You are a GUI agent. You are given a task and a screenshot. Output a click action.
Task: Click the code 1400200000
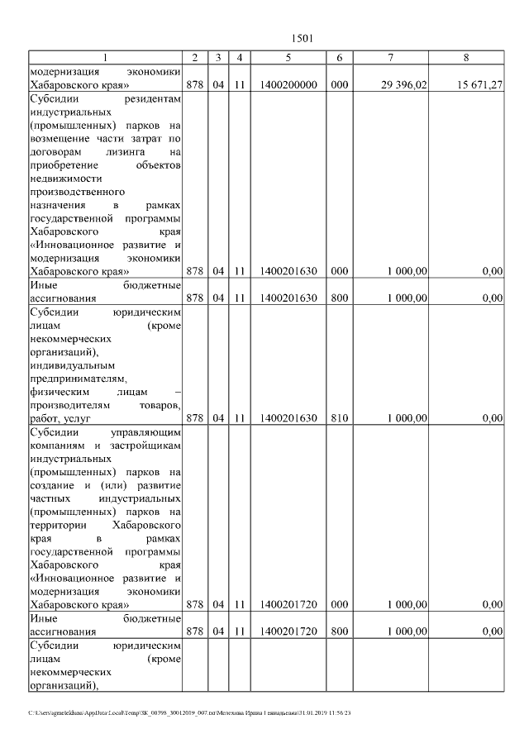[x=288, y=85]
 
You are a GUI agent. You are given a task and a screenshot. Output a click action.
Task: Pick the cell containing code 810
[x=340, y=418]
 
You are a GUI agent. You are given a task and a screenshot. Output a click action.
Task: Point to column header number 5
[x=288, y=57]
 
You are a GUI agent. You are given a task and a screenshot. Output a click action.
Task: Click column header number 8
[x=467, y=57]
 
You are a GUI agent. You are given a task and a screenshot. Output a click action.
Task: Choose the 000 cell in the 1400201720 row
[x=340, y=605]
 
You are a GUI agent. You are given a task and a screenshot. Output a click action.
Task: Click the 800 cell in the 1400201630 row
[x=340, y=298]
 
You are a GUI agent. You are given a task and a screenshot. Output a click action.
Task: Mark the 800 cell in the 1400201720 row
[x=340, y=631]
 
